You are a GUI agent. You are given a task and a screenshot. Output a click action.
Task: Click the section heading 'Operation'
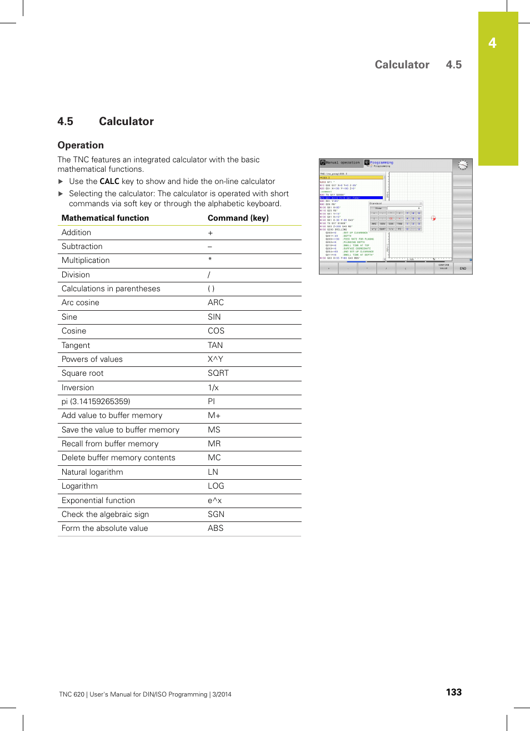(81, 145)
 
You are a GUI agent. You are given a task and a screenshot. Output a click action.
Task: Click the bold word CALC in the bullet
(109, 181)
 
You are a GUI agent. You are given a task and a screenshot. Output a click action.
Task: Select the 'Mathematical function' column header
(105, 218)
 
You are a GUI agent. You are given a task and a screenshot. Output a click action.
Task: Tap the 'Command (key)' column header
(238, 218)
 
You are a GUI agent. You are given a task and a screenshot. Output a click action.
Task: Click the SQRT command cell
(218, 373)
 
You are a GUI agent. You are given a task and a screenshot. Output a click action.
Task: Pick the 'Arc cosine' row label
(80, 302)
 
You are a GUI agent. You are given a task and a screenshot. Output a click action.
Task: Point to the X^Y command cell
(215, 359)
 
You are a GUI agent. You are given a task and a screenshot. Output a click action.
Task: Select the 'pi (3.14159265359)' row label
(96, 401)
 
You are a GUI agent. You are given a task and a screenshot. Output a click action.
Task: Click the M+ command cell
(214, 415)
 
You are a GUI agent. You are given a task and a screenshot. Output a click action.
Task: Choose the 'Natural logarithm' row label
(92, 472)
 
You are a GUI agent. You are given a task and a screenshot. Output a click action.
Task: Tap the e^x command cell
(214, 500)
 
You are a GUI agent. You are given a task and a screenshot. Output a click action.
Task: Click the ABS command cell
(215, 528)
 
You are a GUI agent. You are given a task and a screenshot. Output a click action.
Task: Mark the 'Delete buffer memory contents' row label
(118, 458)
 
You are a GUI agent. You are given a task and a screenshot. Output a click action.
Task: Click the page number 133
(453, 692)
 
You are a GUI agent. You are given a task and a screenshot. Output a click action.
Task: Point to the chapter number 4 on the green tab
(492, 43)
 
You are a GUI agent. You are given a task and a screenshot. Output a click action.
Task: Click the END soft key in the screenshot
(463, 268)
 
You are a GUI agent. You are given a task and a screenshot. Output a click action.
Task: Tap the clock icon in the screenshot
(462, 165)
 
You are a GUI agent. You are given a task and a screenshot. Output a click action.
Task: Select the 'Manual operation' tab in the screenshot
(341, 163)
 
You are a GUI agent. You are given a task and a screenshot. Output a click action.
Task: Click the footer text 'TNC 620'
(72, 694)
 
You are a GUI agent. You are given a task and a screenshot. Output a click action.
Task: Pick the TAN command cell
(215, 345)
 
